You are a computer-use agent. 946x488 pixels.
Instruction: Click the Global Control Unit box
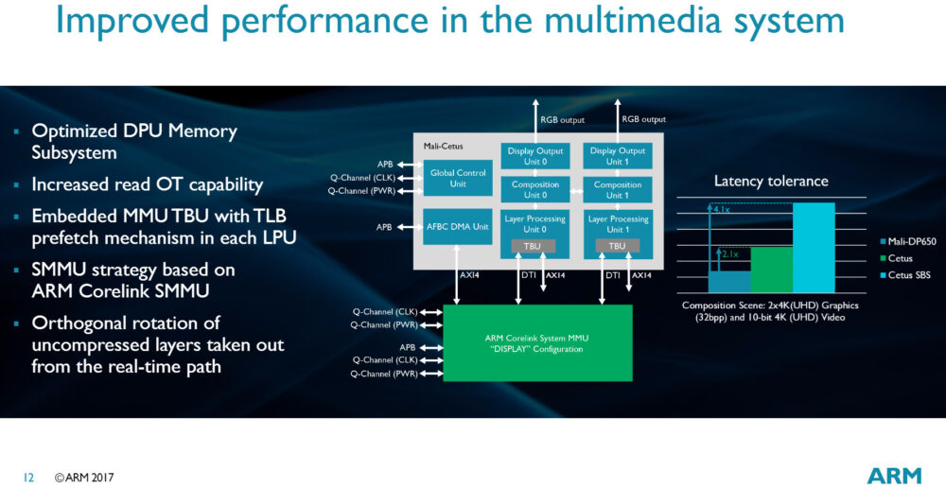pyautogui.click(x=458, y=177)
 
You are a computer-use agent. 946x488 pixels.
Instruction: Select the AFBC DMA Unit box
pyautogui.click(x=458, y=226)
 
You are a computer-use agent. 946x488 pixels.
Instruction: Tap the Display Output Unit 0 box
pyautogui.click(x=535, y=155)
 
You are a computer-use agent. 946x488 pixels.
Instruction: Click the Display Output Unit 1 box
pyautogui.click(x=617, y=155)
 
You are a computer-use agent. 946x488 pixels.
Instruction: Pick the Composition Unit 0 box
pyautogui.click(x=535, y=190)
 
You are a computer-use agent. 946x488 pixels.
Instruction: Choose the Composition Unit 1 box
pyautogui.click(x=617, y=190)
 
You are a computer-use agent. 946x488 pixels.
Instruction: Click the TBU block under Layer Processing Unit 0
pyautogui.click(x=535, y=246)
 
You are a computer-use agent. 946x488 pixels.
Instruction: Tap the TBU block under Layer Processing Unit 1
pyautogui.click(x=617, y=246)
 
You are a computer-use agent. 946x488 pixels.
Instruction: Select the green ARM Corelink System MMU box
pyautogui.click(x=537, y=342)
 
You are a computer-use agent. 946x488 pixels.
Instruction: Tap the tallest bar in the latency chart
pyautogui.click(x=814, y=248)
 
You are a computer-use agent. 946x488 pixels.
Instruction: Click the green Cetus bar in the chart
pyautogui.click(x=772, y=270)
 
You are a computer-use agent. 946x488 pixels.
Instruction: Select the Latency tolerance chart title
pyautogui.click(x=770, y=181)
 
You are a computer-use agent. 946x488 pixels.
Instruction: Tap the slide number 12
pyautogui.click(x=27, y=478)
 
